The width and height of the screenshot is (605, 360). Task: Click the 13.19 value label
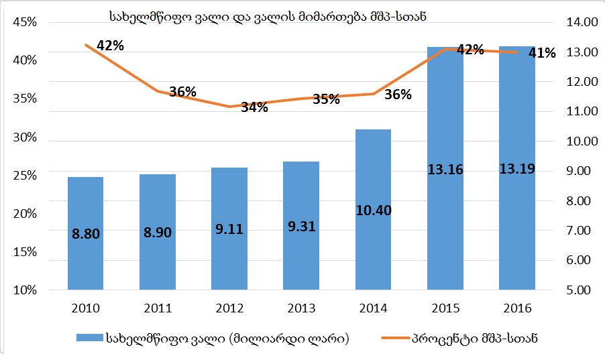(x=517, y=168)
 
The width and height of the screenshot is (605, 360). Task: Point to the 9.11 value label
(x=229, y=228)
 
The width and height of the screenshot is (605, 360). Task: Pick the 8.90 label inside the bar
(x=158, y=233)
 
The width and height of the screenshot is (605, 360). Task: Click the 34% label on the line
(x=255, y=107)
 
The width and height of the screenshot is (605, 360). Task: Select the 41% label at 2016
(x=542, y=53)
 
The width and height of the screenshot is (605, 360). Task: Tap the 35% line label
(x=326, y=100)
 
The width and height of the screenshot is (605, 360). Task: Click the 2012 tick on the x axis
(x=229, y=308)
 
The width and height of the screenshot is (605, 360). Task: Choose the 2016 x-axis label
(x=517, y=308)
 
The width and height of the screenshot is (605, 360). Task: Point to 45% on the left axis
(x=25, y=22)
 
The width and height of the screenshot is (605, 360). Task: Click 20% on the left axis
(x=25, y=214)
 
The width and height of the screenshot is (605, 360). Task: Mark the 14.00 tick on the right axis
(x=581, y=22)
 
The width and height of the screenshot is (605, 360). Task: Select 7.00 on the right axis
(x=581, y=231)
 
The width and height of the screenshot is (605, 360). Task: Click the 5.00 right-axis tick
(x=581, y=290)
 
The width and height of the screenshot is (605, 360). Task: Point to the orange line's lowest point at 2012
(x=229, y=107)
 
